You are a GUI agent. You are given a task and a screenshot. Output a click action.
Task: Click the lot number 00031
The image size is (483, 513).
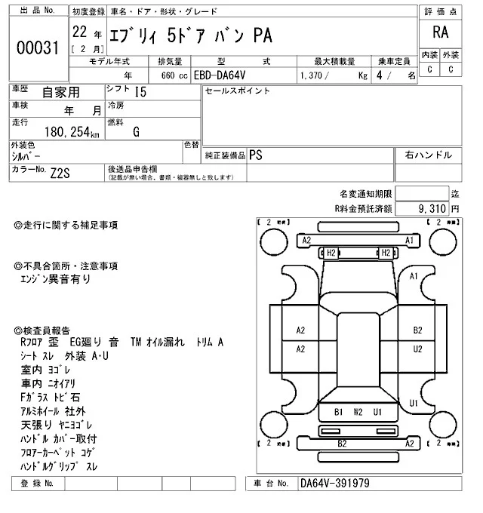(38, 48)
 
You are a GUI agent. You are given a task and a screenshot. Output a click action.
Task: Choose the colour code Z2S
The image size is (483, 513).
(61, 172)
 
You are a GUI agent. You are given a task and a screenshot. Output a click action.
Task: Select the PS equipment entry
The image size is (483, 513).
(257, 155)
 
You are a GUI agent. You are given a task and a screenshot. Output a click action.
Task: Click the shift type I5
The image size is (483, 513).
(140, 93)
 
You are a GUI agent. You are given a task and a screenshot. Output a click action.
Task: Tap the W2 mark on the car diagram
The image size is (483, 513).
(358, 412)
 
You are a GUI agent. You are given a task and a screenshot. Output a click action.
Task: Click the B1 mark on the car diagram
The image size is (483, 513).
(338, 412)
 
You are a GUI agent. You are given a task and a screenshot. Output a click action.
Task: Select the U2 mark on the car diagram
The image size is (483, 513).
(417, 349)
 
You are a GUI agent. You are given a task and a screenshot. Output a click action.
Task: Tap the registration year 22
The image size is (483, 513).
(80, 34)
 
